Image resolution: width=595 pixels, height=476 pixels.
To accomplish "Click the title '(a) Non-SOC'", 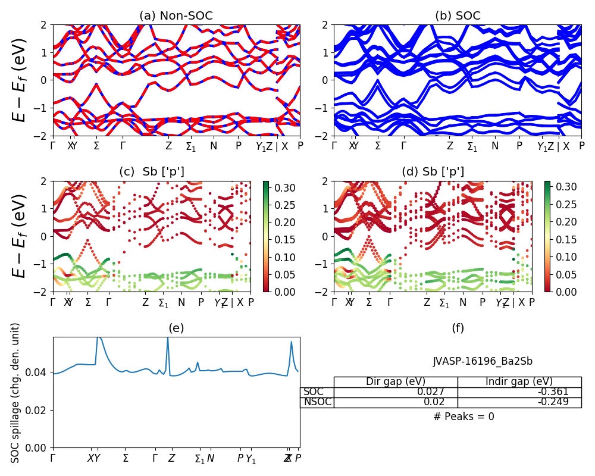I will coord(176,16).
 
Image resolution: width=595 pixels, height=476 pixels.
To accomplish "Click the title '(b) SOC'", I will coord(458,16).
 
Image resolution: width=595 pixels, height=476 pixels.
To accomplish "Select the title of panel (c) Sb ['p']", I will coord(152,172).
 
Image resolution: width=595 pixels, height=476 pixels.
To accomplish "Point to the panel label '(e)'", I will coord(176,328).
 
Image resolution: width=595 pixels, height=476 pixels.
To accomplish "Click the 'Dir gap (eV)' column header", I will coord(396,381).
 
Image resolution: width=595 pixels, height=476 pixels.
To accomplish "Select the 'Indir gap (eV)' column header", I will coord(519,381).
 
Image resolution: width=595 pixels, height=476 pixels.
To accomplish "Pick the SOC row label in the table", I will coord(314,392).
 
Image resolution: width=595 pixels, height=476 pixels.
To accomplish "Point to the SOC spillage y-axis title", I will coord(16,393).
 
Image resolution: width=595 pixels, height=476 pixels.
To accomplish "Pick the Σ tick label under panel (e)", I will coord(126,458).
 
